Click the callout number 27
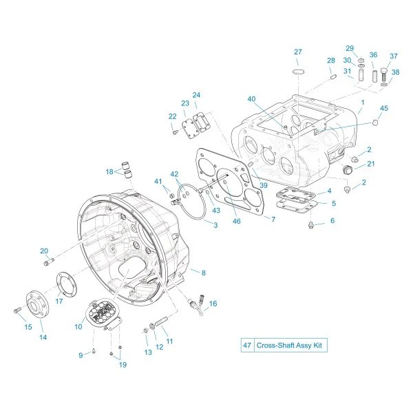pos(298,52)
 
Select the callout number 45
pos(384,108)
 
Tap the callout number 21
pos(370,163)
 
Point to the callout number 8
pos(204,273)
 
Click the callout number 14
pos(43,337)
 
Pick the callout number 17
pos(59,300)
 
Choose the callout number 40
pos(251,99)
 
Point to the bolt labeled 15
pos(17,312)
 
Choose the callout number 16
pos(213,304)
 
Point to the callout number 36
pos(373,55)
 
